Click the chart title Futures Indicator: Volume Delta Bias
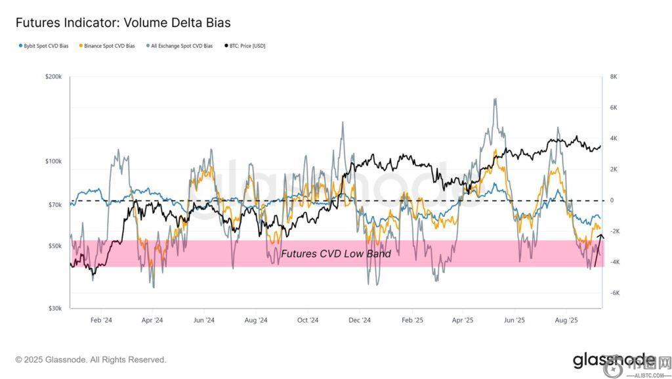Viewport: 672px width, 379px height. click(123, 23)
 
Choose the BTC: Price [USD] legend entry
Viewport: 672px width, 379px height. click(245, 46)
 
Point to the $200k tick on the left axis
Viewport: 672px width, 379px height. click(53, 77)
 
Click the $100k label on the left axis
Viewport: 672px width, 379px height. click(53, 162)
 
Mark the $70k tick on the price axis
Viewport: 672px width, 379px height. click(54, 205)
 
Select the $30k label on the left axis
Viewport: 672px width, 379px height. click(54, 308)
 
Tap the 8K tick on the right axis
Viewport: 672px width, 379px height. click(614, 77)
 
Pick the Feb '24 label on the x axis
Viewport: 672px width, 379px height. click(101, 321)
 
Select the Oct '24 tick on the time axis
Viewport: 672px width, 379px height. click(308, 321)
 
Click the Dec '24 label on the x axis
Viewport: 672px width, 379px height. click(360, 321)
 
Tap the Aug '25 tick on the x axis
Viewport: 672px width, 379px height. click(566, 321)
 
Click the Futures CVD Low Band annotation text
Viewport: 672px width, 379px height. click(336, 254)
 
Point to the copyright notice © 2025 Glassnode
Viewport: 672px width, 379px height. click(91, 360)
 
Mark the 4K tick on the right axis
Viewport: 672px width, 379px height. click(614, 139)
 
